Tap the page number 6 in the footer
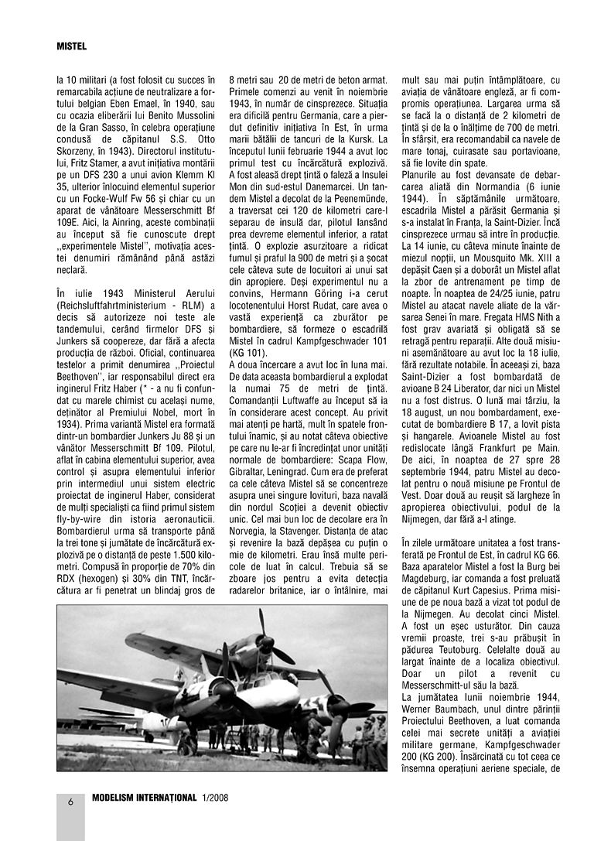coord(70,802)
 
